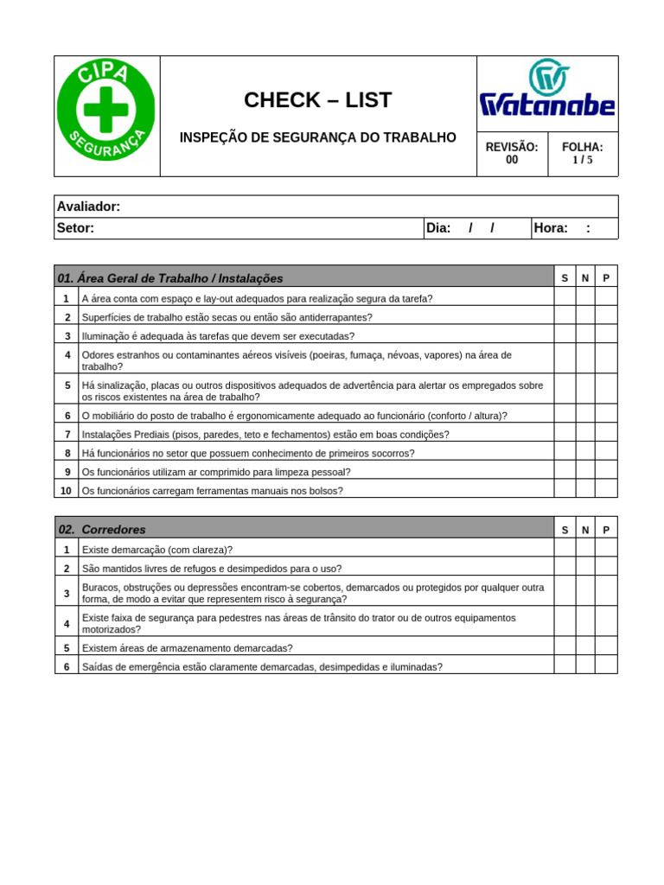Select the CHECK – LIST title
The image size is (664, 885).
pyautogui.click(x=317, y=100)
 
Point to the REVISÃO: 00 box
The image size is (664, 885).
pyautogui.click(x=512, y=154)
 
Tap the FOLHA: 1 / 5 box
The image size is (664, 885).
pyautogui.click(x=583, y=154)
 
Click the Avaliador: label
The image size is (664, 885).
pyautogui.click(x=88, y=207)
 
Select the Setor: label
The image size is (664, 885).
pyautogui.click(x=75, y=228)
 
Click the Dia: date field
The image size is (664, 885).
pyautogui.click(x=476, y=228)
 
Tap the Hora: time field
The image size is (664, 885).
pyautogui.click(x=573, y=228)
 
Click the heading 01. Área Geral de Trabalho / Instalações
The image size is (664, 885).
pyautogui.click(x=170, y=278)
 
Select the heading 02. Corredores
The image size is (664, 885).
pyautogui.click(x=102, y=529)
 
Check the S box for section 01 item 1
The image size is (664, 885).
pyautogui.click(x=565, y=298)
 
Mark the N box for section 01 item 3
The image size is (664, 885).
pyautogui.click(x=585, y=335)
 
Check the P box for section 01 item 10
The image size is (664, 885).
pyautogui.click(x=606, y=490)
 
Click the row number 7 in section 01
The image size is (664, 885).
pyautogui.click(x=67, y=434)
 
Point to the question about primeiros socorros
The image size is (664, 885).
pyautogui.click(x=248, y=453)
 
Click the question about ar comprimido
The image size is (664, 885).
pyautogui.click(x=216, y=472)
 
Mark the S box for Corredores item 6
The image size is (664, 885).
pyautogui.click(x=565, y=666)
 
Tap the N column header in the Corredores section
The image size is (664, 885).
pyautogui.click(x=585, y=530)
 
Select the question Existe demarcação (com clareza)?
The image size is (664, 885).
pyautogui.click(x=156, y=550)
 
